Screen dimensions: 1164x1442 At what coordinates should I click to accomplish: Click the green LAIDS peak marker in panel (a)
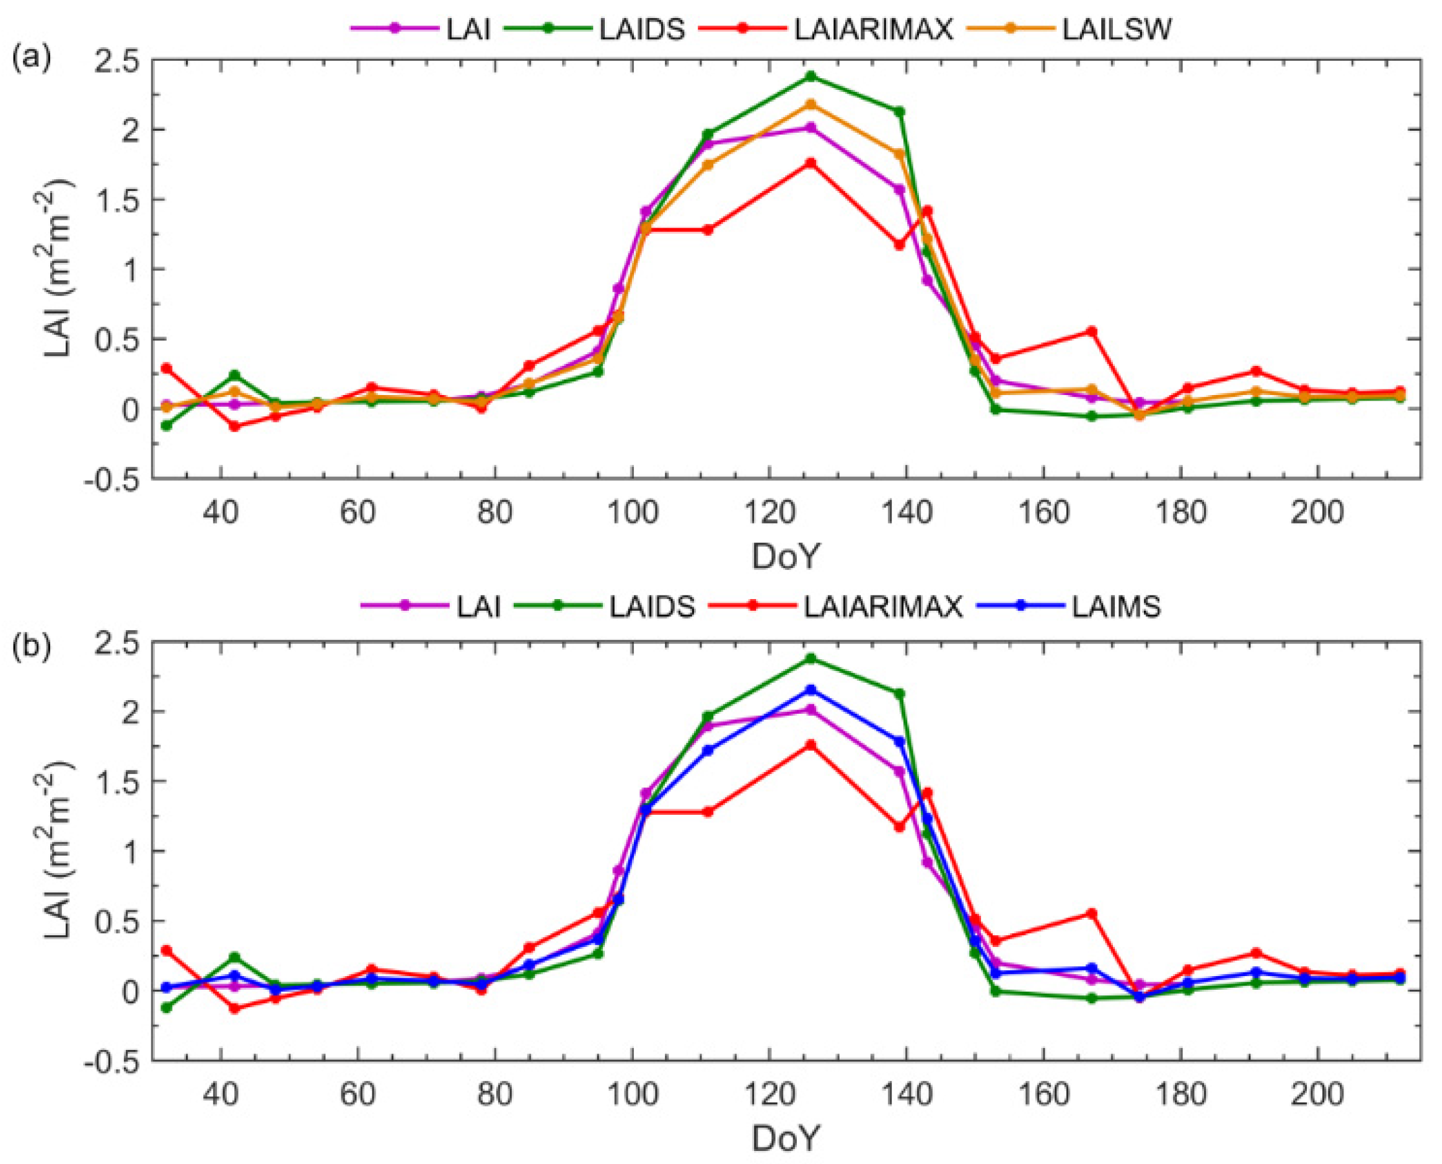[810, 76]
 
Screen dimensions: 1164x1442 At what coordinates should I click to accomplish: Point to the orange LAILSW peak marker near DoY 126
[810, 105]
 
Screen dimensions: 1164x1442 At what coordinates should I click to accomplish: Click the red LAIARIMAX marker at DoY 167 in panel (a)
[1091, 331]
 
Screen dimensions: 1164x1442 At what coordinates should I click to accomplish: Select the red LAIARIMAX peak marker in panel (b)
[810, 745]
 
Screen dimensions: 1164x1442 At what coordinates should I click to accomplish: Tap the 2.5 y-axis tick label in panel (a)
[118, 60]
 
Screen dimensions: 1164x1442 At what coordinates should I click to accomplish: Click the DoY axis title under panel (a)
[785, 556]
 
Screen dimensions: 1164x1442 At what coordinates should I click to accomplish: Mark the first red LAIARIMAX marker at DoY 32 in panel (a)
[166, 368]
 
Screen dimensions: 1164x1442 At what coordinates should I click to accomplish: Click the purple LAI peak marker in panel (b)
[810, 709]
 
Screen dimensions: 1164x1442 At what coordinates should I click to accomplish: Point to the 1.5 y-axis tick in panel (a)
[118, 200]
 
